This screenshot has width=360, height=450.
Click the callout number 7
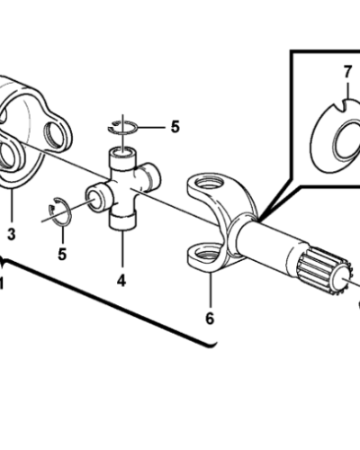[x=347, y=72]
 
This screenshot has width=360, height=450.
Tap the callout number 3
[x=11, y=234]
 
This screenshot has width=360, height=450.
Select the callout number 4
[x=121, y=281]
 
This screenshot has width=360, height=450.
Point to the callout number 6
[x=210, y=319]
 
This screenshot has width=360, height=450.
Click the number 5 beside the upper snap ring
[x=175, y=127]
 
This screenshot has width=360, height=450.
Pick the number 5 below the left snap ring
[x=62, y=255]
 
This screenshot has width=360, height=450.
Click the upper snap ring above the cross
[x=122, y=127]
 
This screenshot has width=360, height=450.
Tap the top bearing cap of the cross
[x=122, y=156]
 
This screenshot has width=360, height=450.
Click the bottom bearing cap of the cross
[x=122, y=220]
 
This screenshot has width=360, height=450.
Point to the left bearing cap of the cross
[x=95, y=197]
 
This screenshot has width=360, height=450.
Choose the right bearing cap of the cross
[x=151, y=175]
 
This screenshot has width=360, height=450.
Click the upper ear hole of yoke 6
[x=211, y=184]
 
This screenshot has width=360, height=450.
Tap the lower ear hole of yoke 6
[x=206, y=256]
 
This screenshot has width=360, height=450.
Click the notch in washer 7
[x=341, y=107]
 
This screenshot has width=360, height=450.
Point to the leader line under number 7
[x=347, y=89]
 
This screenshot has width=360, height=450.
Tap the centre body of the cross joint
[x=123, y=189]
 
